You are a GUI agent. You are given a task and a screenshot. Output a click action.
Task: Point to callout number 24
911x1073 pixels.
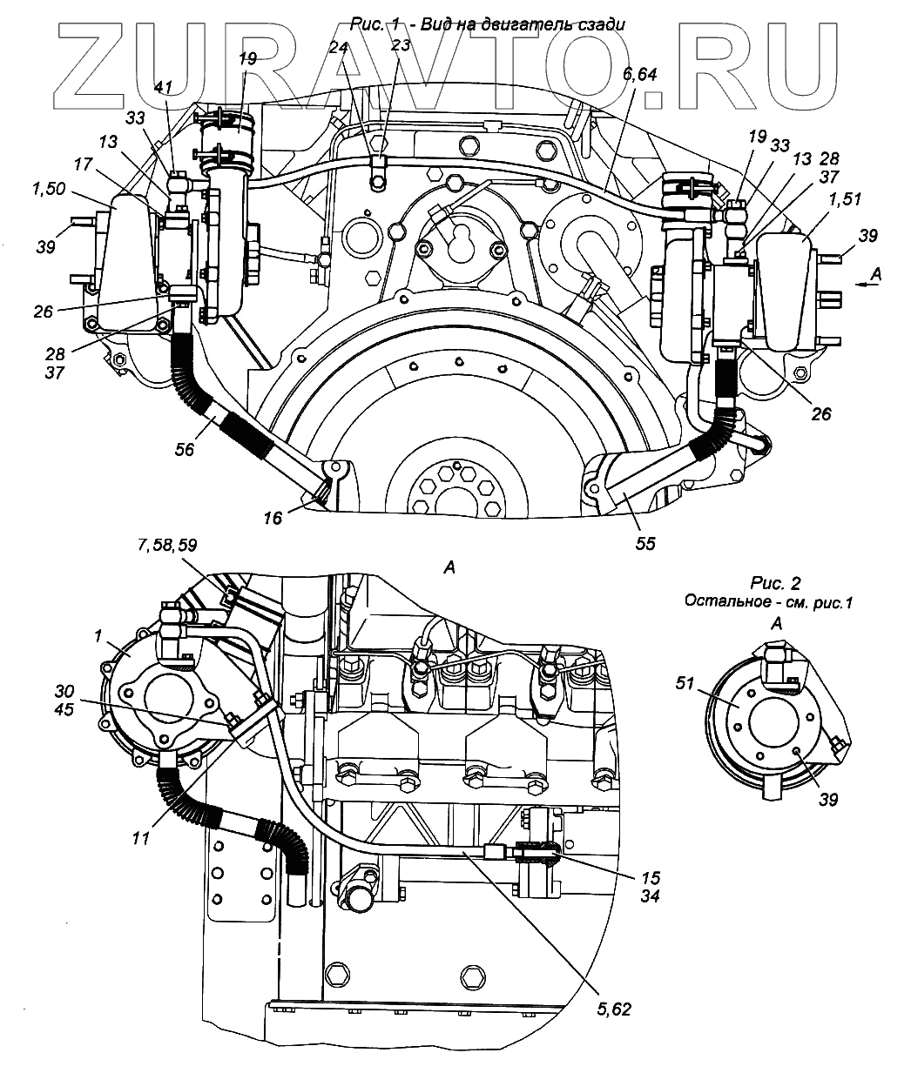click(x=338, y=48)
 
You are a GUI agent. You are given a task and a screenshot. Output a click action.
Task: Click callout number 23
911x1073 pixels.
click(x=400, y=45)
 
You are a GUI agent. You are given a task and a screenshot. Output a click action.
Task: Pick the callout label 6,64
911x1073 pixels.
click(x=638, y=75)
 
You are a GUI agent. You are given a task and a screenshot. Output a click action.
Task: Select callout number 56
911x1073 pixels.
click(x=184, y=450)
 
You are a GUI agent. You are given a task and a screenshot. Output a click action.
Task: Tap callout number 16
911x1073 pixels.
click(x=273, y=518)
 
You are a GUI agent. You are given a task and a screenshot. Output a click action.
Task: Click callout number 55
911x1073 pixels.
click(x=644, y=544)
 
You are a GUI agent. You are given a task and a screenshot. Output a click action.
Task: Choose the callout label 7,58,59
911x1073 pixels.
click(x=168, y=545)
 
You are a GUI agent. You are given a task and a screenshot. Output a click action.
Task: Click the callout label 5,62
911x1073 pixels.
click(x=614, y=1009)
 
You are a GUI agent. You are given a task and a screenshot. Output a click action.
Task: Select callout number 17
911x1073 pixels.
click(x=83, y=164)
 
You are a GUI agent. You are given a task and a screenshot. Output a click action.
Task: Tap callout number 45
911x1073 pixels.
click(x=64, y=709)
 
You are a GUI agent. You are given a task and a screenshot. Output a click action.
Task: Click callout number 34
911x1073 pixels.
click(x=650, y=896)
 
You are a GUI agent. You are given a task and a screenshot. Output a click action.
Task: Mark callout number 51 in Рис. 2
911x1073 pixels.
click(x=685, y=683)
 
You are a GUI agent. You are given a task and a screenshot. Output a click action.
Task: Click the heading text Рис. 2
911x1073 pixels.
click(x=776, y=583)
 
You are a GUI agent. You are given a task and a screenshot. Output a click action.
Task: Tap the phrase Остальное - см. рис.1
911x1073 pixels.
click(x=769, y=601)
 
